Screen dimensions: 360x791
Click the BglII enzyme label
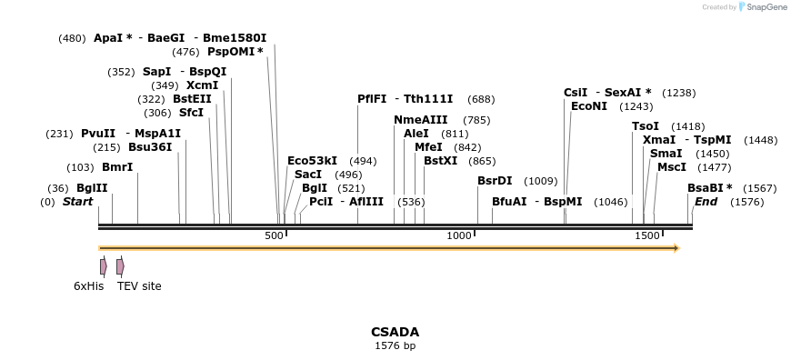tap(92, 188)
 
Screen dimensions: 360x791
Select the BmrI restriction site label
tap(117, 167)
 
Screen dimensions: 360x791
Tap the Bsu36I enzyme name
tap(150, 146)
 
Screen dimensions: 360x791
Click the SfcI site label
tap(191, 113)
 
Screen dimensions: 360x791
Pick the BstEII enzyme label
tap(192, 99)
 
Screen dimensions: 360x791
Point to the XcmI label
tap(202, 85)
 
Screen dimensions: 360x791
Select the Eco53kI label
tap(312, 161)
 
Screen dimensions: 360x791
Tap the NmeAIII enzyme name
tap(421, 120)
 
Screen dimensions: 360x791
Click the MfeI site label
tap(428, 147)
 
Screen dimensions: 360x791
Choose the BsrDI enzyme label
tap(495, 181)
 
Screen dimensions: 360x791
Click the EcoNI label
tap(589, 106)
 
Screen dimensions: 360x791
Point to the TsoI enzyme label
tap(646, 126)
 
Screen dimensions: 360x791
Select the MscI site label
tap(671, 167)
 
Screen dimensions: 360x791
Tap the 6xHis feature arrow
tap(104, 265)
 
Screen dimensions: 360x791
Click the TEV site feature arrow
tap(120, 265)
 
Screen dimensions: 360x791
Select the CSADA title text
tap(395, 332)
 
